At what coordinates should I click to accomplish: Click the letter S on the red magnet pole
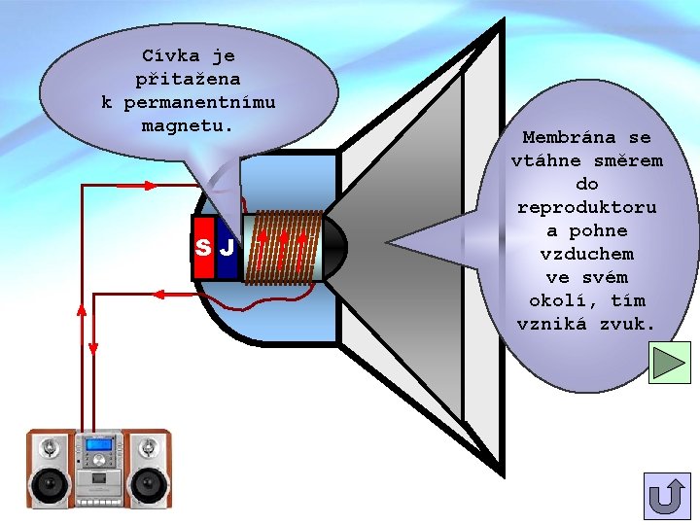pos(203,247)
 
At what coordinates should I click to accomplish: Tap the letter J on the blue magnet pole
pos(227,247)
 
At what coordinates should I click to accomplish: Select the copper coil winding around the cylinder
pos(283,247)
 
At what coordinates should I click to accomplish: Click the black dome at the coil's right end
pos(333,247)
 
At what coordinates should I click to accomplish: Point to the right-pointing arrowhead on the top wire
pos(150,184)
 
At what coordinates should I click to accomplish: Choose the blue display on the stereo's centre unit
pos(98,445)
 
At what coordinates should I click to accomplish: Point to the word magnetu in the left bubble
pos(188,125)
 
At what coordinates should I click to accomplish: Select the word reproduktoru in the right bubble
pos(586,207)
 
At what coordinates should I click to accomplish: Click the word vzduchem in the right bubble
pos(586,254)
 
